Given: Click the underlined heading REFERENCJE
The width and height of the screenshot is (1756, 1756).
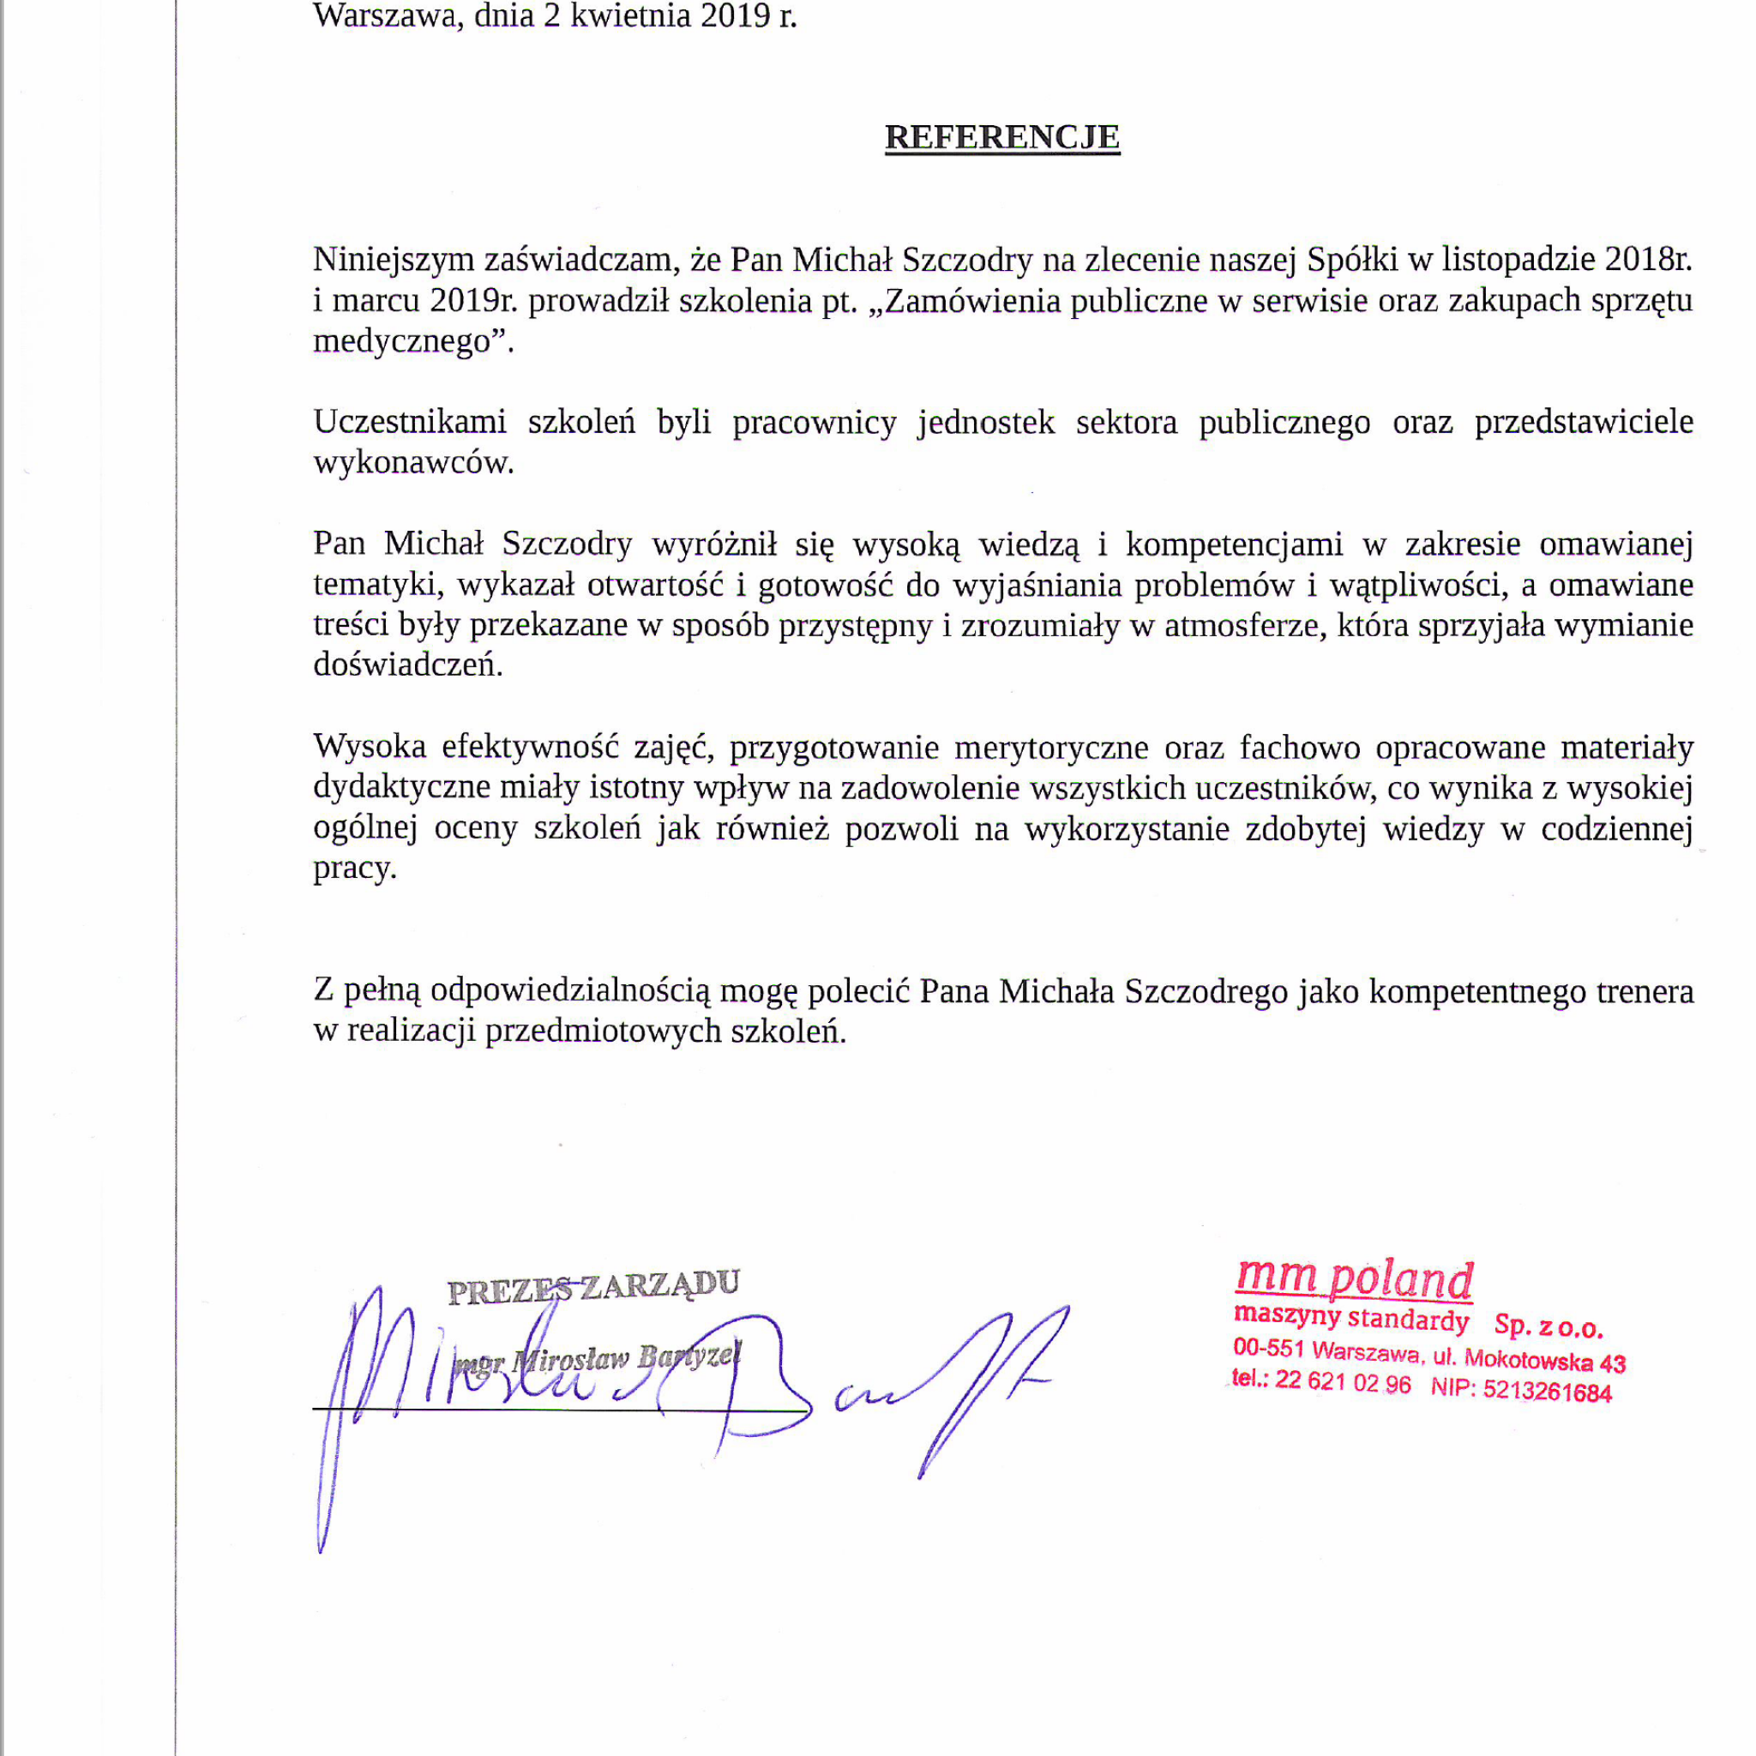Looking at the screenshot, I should click(x=1001, y=137).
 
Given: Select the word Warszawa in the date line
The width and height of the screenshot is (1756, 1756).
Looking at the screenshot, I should click(x=385, y=16).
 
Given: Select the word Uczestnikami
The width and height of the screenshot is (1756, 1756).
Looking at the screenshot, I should click(x=409, y=423).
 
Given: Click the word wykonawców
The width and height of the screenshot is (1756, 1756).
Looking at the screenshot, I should click(x=412, y=464).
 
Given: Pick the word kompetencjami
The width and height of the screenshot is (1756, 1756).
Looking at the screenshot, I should click(x=1233, y=544).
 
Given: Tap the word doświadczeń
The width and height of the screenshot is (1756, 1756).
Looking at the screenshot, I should click(x=406, y=665).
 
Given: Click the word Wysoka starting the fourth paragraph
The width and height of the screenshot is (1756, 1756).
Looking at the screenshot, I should click(x=369, y=747).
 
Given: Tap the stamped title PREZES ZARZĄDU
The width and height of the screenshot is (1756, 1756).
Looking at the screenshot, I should click(x=593, y=1287).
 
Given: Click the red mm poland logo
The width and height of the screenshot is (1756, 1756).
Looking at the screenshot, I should click(x=1353, y=1280).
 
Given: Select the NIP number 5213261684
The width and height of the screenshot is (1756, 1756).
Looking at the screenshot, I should click(x=1547, y=1392).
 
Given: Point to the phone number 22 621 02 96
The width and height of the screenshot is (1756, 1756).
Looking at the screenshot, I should click(x=1343, y=1382).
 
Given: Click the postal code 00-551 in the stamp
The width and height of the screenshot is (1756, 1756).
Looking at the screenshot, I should click(x=1269, y=1348).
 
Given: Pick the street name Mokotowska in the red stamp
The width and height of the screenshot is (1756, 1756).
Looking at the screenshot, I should click(x=1528, y=1360).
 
